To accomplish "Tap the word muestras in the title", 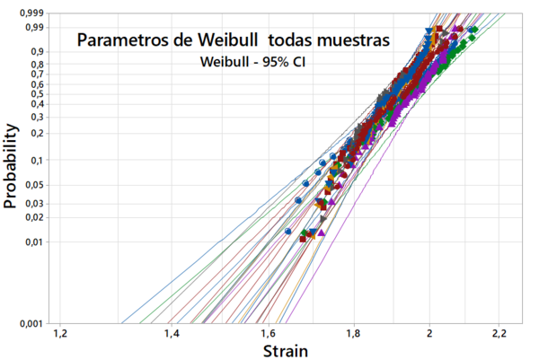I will pyautogui.click(x=350, y=40).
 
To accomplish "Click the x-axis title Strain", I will pyautogui.click(x=286, y=350).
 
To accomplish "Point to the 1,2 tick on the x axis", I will pyautogui.click(x=60, y=334).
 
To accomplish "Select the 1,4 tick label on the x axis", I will pyautogui.click(x=172, y=334).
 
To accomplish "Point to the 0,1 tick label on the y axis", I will pyautogui.click(x=40, y=161).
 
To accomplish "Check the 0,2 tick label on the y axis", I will pyautogui.click(x=40, y=133).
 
